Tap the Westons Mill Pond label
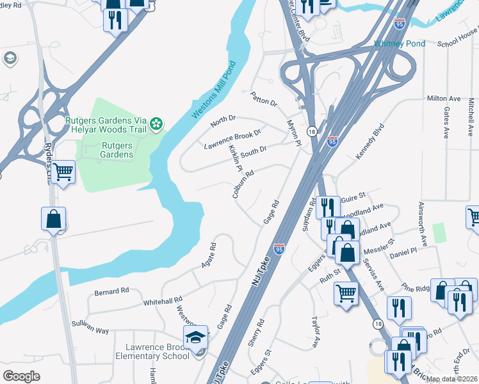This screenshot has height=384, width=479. click(x=213, y=90)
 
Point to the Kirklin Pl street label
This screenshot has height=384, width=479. click(x=235, y=159)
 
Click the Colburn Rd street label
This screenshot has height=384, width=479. click(x=243, y=183)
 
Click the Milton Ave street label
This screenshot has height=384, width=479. click(x=444, y=99)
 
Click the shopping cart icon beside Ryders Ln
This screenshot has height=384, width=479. click(x=63, y=172)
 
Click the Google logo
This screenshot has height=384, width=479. click(x=21, y=376)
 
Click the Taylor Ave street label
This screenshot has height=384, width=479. click(x=315, y=332)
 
